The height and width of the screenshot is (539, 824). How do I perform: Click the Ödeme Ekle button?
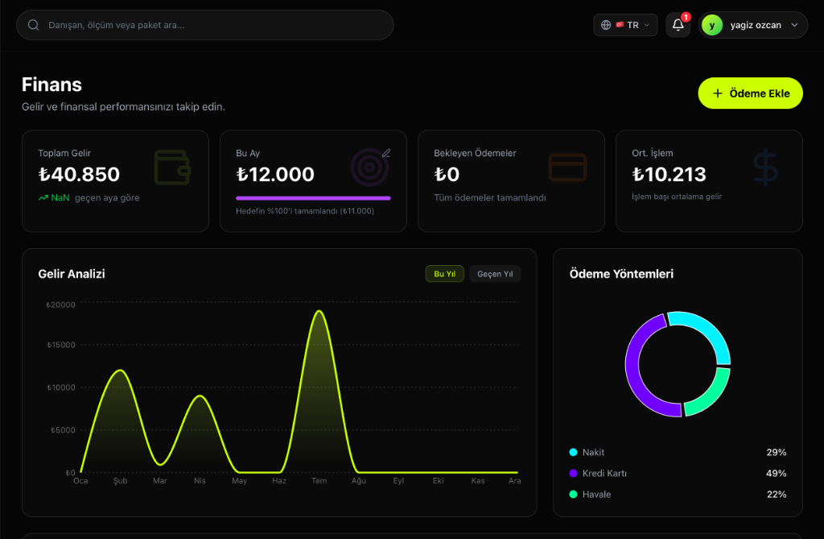tap(750, 93)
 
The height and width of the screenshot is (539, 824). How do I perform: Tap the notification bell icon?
tap(678, 25)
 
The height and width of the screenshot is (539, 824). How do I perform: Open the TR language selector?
tap(625, 25)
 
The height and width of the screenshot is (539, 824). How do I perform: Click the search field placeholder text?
tap(117, 25)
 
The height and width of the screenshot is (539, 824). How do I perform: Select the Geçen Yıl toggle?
tap(495, 274)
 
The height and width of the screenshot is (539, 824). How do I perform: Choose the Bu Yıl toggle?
tap(444, 274)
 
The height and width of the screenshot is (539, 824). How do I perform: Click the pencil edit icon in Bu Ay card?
tap(386, 152)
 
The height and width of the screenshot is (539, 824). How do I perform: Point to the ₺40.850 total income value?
tap(79, 174)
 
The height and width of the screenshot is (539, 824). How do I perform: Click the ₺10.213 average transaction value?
tap(669, 174)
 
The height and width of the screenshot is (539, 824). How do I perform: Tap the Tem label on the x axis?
tap(319, 481)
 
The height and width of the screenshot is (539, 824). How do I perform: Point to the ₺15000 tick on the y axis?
tap(61, 345)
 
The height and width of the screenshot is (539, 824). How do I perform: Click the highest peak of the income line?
tap(319, 311)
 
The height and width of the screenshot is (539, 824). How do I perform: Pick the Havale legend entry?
tap(596, 494)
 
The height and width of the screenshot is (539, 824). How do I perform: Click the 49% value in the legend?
tap(776, 473)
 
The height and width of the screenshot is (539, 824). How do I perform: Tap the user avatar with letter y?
tap(711, 25)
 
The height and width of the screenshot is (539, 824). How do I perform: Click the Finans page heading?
tap(51, 84)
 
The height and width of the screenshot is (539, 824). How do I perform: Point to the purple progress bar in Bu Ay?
tap(313, 197)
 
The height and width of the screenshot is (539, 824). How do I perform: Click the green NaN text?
tap(60, 197)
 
